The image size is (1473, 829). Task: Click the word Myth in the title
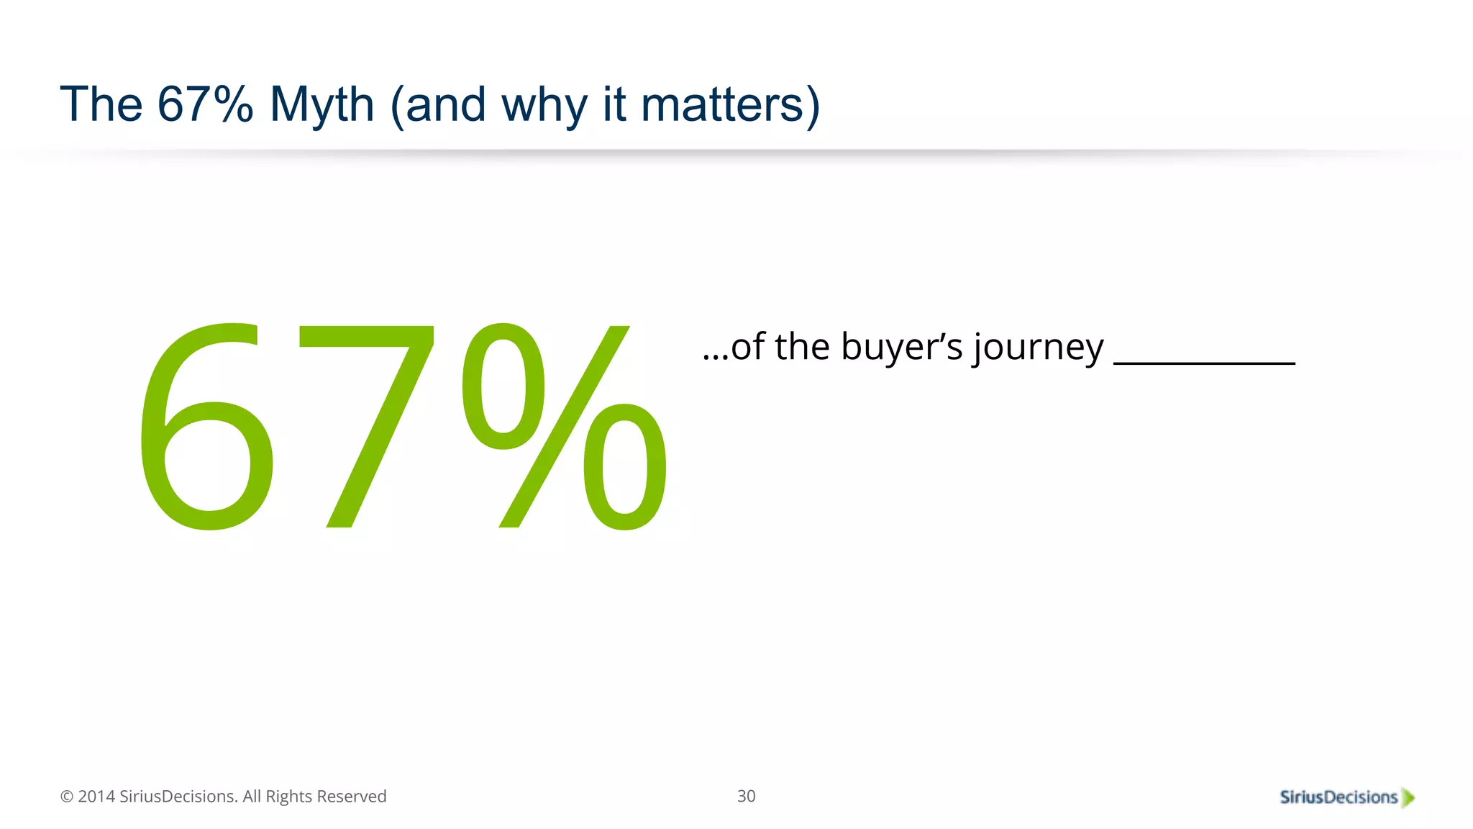(x=321, y=105)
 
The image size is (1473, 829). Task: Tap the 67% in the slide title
(x=205, y=105)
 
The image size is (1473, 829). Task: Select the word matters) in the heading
(x=730, y=105)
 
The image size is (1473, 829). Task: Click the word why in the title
(x=543, y=105)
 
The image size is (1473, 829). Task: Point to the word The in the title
(x=101, y=105)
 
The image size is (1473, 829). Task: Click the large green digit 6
(x=207, y=428)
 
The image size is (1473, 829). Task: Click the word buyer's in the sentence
(x=901, y=347)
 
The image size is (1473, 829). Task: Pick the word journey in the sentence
(x=1039, y=348)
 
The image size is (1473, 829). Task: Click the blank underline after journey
(x=1204, y=362)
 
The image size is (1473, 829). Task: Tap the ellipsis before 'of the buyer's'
(x=716, y=355)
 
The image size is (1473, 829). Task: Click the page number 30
(x=746, y=796)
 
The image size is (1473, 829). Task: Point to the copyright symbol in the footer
(x=67, y=797)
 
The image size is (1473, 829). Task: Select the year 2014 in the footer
(x=96, y=797)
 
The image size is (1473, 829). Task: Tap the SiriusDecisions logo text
(x=1338, y=797)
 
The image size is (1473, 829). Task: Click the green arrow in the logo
(x=1408, y=798)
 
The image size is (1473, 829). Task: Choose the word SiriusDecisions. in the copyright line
(x=178, y=797)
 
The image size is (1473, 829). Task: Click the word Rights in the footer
(x=289, y=797)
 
